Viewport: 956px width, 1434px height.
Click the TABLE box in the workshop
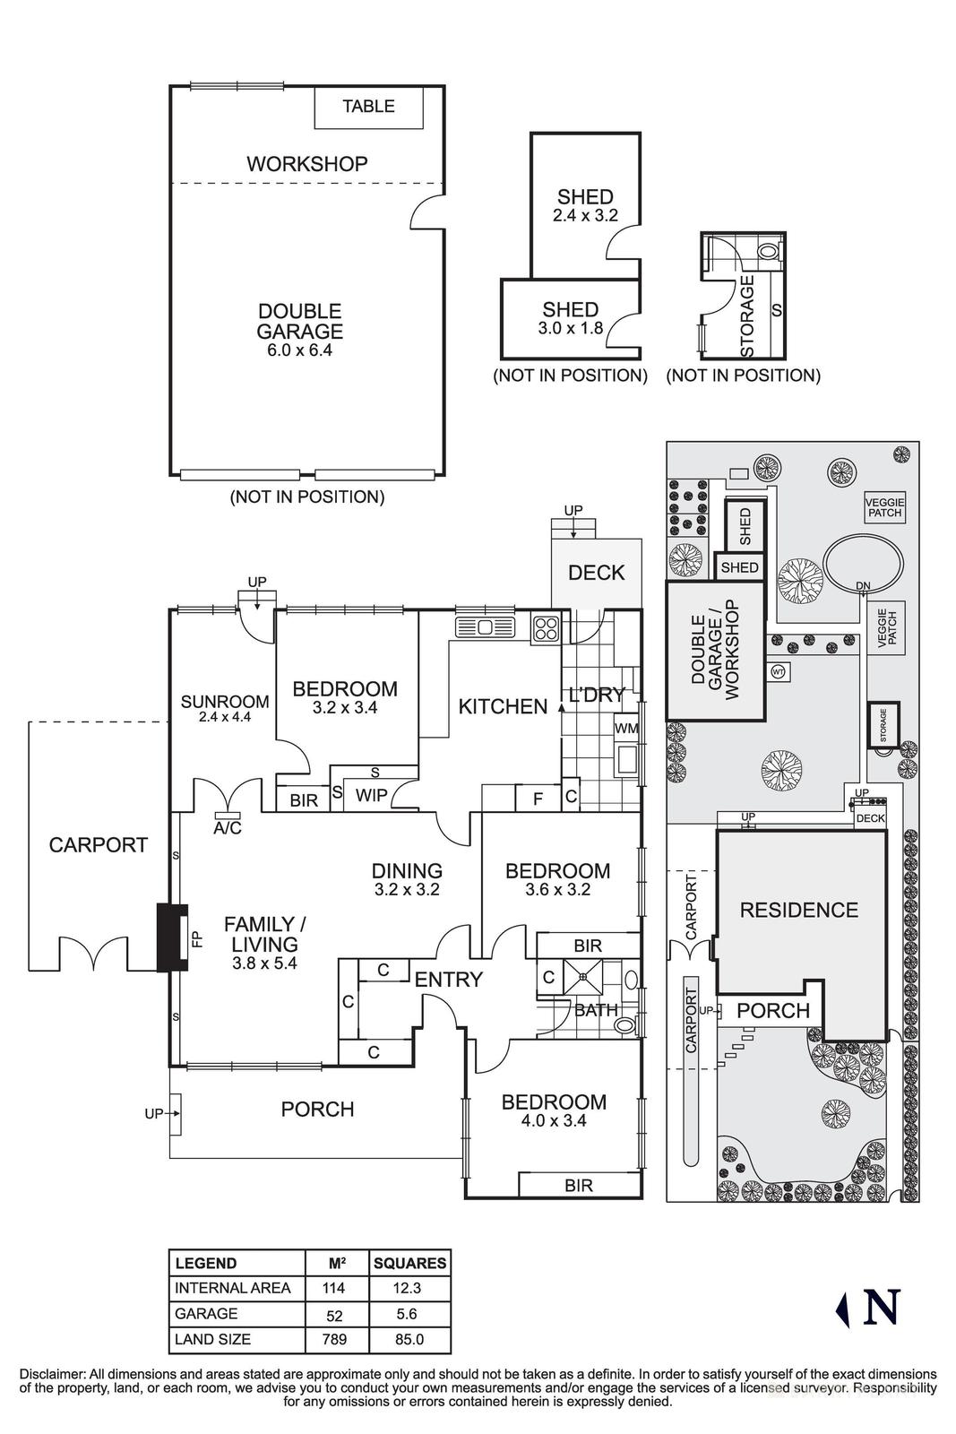coord(367,107)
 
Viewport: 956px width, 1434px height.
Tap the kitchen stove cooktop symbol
coord(545,628)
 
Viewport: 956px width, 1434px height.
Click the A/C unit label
coord(228,828)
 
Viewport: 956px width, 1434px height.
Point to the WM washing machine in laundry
coord(626,728)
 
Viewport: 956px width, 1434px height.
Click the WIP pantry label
coord(371,795)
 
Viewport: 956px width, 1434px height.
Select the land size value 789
coord(337,1340)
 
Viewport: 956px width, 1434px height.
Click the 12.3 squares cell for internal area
coord(409,1288)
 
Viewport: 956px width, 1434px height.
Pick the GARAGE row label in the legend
coord(206,1314)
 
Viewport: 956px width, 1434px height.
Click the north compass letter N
coord(881,1308)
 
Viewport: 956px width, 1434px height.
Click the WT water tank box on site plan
coord(778,670)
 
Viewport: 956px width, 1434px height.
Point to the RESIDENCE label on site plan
coord(798,911)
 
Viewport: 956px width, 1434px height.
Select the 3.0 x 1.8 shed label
coord(570,328)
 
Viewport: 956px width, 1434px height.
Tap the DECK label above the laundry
coord(596,573)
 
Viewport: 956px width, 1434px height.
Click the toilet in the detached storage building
coord(769,251)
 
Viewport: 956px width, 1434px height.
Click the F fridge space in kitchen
coord(538,798)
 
